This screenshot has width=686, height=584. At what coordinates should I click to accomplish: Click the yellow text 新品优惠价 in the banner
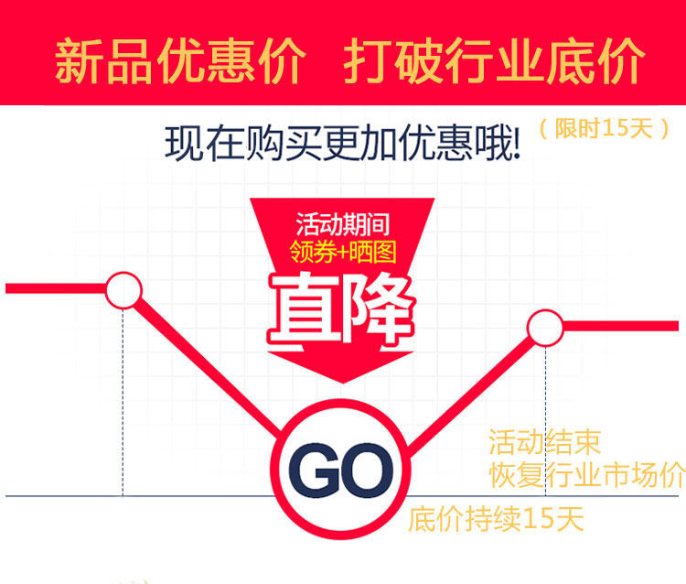(179, 62)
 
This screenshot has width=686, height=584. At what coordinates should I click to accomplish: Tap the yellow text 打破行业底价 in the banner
(495, 62)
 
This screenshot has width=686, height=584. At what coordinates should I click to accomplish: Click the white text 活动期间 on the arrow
(342, 222)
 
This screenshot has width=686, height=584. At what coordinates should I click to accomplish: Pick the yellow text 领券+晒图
(341, 250)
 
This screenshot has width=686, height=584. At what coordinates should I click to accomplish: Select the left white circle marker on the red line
(123, 290)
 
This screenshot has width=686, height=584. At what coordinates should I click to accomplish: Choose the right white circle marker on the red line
(546, 327)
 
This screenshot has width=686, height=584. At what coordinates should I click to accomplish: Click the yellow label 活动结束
(544, 444)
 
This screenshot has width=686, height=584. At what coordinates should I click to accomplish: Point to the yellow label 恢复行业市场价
(586, 475)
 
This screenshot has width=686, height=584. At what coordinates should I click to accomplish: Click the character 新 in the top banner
(79, 62)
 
